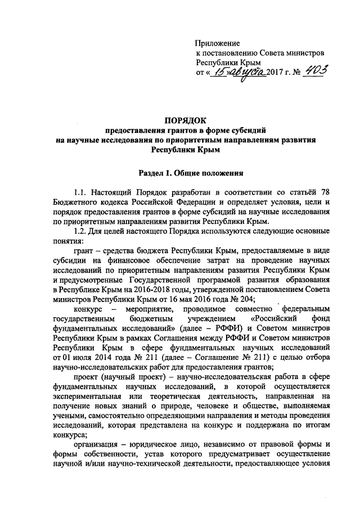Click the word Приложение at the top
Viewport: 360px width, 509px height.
coord(217,43)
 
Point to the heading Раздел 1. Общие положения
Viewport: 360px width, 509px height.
coord(190,174)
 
